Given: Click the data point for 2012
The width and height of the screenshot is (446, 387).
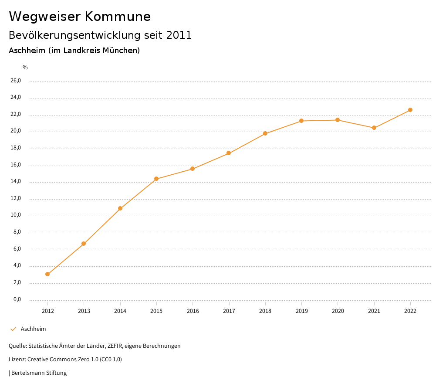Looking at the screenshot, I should coord(47,274).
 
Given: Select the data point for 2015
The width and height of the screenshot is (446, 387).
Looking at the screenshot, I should coord(156,179).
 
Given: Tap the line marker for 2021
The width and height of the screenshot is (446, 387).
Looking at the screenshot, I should coord(374,128).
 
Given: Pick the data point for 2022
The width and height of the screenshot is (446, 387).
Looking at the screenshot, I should coord(410,110).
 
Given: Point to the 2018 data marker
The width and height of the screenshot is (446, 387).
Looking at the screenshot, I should coord(265,133).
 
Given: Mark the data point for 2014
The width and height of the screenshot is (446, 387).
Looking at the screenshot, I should coord(120,208).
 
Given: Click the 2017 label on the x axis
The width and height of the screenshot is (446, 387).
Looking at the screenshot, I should coord(229,311).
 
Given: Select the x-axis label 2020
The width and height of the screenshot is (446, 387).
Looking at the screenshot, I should coord(338,311).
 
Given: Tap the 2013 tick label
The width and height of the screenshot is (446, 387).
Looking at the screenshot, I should coord(84,311).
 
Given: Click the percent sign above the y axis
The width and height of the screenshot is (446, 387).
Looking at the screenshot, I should coord(25,68).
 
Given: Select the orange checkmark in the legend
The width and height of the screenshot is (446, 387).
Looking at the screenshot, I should coord(13,329).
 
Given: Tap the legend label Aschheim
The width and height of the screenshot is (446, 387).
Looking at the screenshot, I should coord(33,329).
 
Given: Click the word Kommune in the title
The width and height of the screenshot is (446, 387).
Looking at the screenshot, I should coord(118,17).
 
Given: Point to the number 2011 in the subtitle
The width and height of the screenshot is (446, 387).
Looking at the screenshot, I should coord(179,35).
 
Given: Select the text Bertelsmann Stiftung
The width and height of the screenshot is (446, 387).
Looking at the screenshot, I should coord(39,373).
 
